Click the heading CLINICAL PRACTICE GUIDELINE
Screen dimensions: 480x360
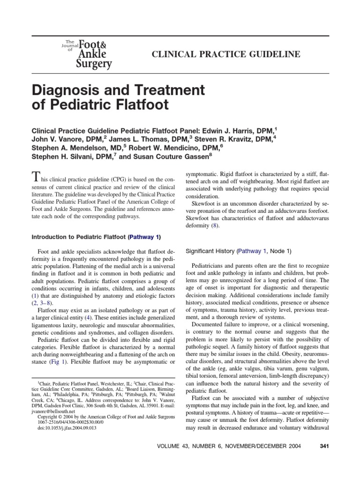click(x=225, y=55)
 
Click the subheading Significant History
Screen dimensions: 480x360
click(x=210, y=251)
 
